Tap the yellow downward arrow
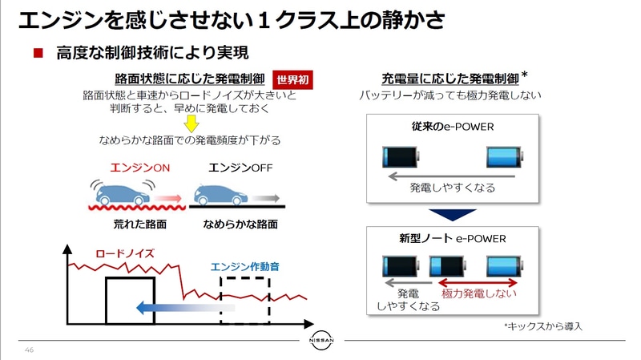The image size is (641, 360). pos(191,123)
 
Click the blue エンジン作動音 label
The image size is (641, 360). pos(244,267)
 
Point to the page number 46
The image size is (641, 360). pos(30,350)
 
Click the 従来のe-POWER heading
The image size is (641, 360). pos(452,127)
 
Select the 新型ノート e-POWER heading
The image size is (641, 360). pos(452,238)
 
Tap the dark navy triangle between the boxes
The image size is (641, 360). pos(453,212)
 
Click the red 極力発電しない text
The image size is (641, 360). pos(478,293)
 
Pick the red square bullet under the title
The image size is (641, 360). pos(37,54)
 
